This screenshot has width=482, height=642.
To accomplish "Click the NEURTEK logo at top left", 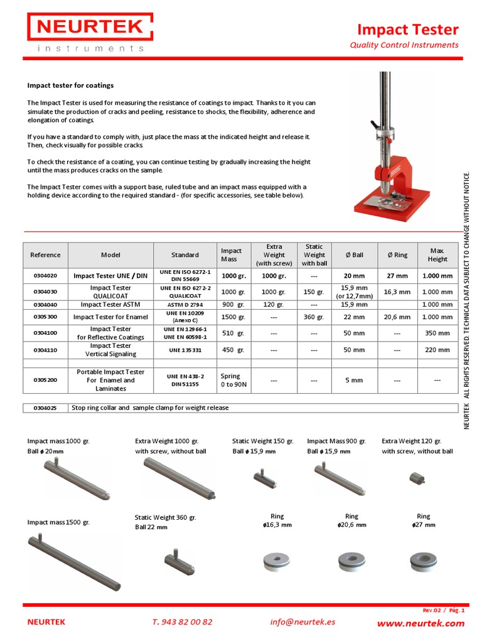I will pyautogui.click(x=89, y=33).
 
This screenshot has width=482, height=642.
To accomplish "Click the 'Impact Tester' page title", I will pyautogui.click(x=407, y=29).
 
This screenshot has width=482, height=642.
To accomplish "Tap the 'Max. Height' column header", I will pyautogui.click(x=437, y=255).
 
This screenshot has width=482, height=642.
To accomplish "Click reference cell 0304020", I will pyautogui.click(x=45, y=275).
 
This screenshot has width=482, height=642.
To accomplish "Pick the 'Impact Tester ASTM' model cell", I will pyautogui.click(x=110, y=304).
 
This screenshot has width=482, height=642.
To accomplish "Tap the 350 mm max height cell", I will pyautogui.click(x=437, y=333).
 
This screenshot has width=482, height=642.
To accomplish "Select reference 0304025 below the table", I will pyautogui.click(x=45, y=408).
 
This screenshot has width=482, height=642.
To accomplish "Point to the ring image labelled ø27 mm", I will pyautogui.click(x=423, y=560).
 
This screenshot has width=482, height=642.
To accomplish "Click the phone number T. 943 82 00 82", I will pyautogui.click(x=182, y=622).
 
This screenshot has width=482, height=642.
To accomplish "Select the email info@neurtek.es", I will pyautogui.click(x=303, y=622).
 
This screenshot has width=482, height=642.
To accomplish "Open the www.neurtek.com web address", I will pyautogui.click(x=420, y=623).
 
